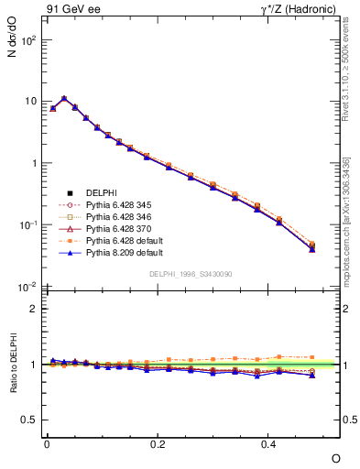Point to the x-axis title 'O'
click(x=335, y=457)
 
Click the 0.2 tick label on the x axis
click(x=158, y=443)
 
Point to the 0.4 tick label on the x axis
click(x=268, y=443)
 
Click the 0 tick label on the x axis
click(x=47, y=443)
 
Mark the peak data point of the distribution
click(x=63, y=98)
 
